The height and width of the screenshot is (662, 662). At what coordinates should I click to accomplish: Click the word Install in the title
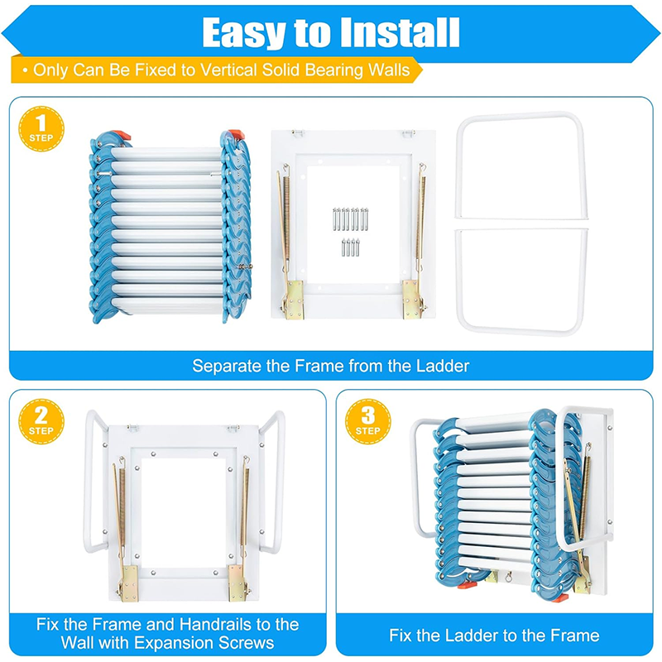point(394,32)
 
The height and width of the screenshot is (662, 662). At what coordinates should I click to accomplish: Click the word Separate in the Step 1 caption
point(227,365)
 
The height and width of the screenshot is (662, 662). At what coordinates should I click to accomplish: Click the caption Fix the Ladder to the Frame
point(494,636)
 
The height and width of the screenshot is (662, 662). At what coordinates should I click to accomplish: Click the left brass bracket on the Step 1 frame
point(292,298)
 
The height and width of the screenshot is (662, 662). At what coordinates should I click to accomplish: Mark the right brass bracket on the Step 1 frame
point(410,298)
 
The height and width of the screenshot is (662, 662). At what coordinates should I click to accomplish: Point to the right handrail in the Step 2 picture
point(275,488)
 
